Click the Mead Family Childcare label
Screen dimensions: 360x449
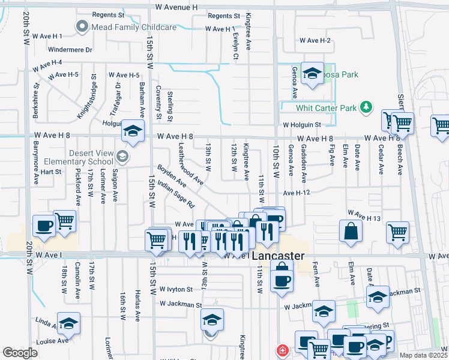pos(133,27)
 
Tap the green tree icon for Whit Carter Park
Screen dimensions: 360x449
pos(366,108)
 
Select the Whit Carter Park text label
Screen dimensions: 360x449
pos(327,109)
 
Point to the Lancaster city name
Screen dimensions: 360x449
pos(276,256)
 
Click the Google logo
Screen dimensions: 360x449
pos(20,353)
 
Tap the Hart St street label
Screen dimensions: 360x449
pos(51,172)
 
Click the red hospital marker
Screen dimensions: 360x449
pos(281,350)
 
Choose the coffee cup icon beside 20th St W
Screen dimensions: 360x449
pos(44,226)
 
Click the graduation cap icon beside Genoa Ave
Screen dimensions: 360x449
pos(312,73)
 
